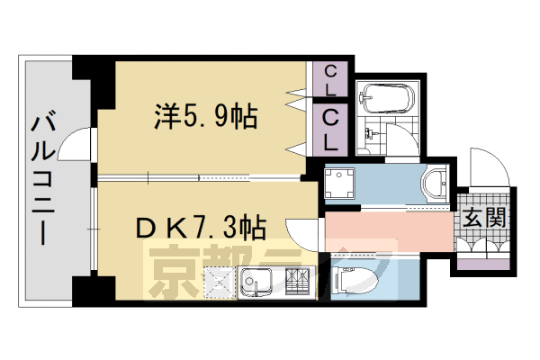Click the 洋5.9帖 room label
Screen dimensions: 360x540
coord(206,116)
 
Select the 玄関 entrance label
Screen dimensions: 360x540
coord(483,218)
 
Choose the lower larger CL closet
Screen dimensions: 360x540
coord(331,129)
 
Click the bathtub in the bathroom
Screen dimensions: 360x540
coord(384,96)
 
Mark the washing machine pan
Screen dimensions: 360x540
coord(340,182)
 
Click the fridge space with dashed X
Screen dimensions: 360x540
coord(219,283)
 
